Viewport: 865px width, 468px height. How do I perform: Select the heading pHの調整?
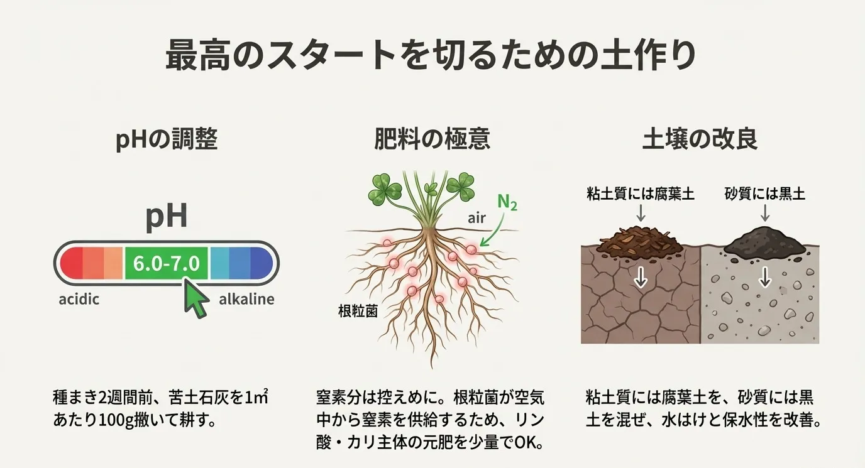pos(167,139)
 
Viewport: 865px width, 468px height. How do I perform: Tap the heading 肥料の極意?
pos(432,139)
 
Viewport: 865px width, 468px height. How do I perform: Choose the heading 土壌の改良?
pos(699,139)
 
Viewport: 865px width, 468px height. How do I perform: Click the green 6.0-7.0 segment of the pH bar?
pos(166,263)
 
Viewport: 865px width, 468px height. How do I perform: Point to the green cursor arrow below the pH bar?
pos(196,300)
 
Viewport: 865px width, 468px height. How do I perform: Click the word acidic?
pos(79,299)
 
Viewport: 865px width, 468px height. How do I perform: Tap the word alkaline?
pos(246,299)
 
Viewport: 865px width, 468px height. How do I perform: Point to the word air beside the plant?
pos(478,218)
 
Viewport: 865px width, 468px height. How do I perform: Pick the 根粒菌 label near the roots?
pos(357,311)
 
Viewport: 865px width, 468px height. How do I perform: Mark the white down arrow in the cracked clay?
pos(640,277)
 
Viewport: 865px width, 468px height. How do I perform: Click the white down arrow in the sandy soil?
pos(764,277)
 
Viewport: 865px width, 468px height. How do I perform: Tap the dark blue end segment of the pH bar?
pos(261,263)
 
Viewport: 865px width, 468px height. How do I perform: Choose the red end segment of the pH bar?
pos(71,263)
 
